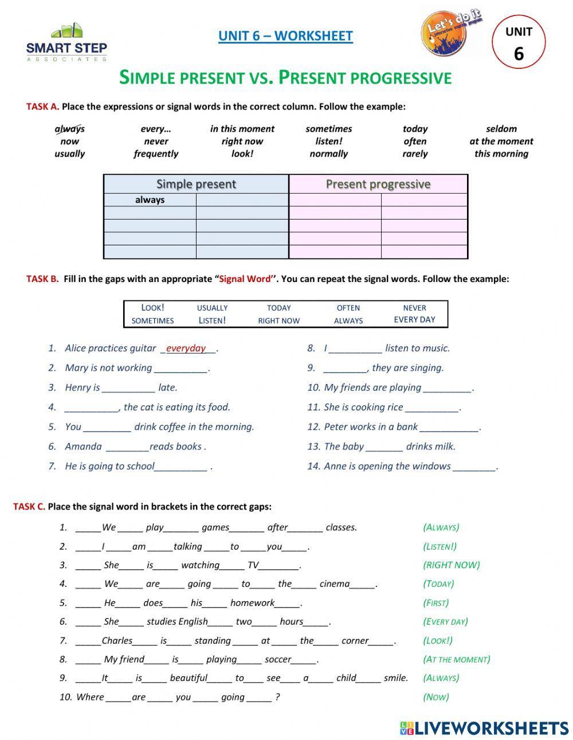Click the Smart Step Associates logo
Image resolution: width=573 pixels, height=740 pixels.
(66, 42)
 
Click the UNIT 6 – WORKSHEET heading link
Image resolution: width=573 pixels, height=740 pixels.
(285, 36)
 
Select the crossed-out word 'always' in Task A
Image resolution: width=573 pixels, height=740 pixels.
(69, 129)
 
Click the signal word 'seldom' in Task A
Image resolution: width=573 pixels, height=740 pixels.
(501, 129)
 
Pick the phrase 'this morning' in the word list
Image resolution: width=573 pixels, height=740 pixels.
(501, 154)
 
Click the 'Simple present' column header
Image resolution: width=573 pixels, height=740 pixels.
(196, 184)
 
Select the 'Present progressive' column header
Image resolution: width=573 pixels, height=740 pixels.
(378, 184)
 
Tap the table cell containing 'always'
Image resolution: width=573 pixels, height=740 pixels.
(150, 200)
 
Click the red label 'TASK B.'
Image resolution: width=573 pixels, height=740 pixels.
(42, 279)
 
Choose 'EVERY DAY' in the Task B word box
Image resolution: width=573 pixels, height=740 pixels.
(414, 320)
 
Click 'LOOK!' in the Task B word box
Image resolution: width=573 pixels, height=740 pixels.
(152, 308)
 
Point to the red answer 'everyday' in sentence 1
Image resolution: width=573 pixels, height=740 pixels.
(186, 348)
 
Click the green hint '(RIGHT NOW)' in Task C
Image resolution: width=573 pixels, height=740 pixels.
(451, 565)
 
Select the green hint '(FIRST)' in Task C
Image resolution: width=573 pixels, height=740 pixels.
(435, 603)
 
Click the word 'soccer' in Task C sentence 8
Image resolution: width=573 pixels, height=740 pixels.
(277, 659)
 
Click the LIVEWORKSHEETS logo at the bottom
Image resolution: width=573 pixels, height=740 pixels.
(484, 728)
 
